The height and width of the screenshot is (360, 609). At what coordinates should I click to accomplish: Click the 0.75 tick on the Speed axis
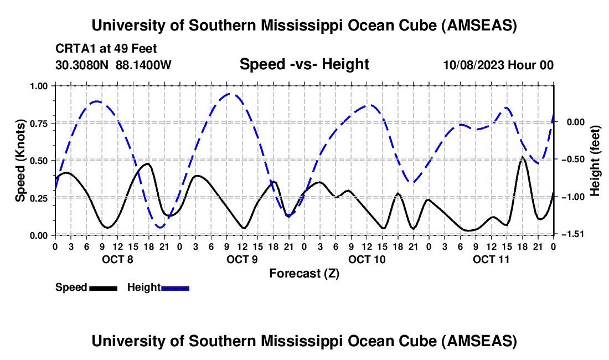[42, 123]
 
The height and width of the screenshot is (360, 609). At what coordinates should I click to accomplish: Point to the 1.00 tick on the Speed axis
[42, 86]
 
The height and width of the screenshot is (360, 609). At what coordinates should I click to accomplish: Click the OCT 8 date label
[116, 259]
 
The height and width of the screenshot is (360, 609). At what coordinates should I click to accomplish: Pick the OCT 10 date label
[366, 259]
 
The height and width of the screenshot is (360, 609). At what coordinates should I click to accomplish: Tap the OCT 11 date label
[491, 259]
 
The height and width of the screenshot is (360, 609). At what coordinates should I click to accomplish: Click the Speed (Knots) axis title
[20, 161]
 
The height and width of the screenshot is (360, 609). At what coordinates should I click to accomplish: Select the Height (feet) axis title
[595, 161]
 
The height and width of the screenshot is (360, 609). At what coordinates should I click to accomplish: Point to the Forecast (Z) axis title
[304, 273]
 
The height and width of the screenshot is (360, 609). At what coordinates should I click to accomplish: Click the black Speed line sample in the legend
[102, 288]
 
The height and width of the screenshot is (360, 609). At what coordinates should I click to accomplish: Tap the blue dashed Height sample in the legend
[175, 288]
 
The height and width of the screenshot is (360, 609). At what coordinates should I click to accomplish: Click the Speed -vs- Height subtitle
[304, 64]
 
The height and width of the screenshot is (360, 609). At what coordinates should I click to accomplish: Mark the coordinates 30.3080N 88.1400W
[113, 65]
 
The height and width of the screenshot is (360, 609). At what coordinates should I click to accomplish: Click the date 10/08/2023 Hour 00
[498, 65]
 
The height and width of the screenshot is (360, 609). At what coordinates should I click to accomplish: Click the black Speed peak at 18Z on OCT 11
[523, 158]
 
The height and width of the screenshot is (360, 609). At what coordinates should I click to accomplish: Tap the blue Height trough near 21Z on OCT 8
[160, 227]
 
